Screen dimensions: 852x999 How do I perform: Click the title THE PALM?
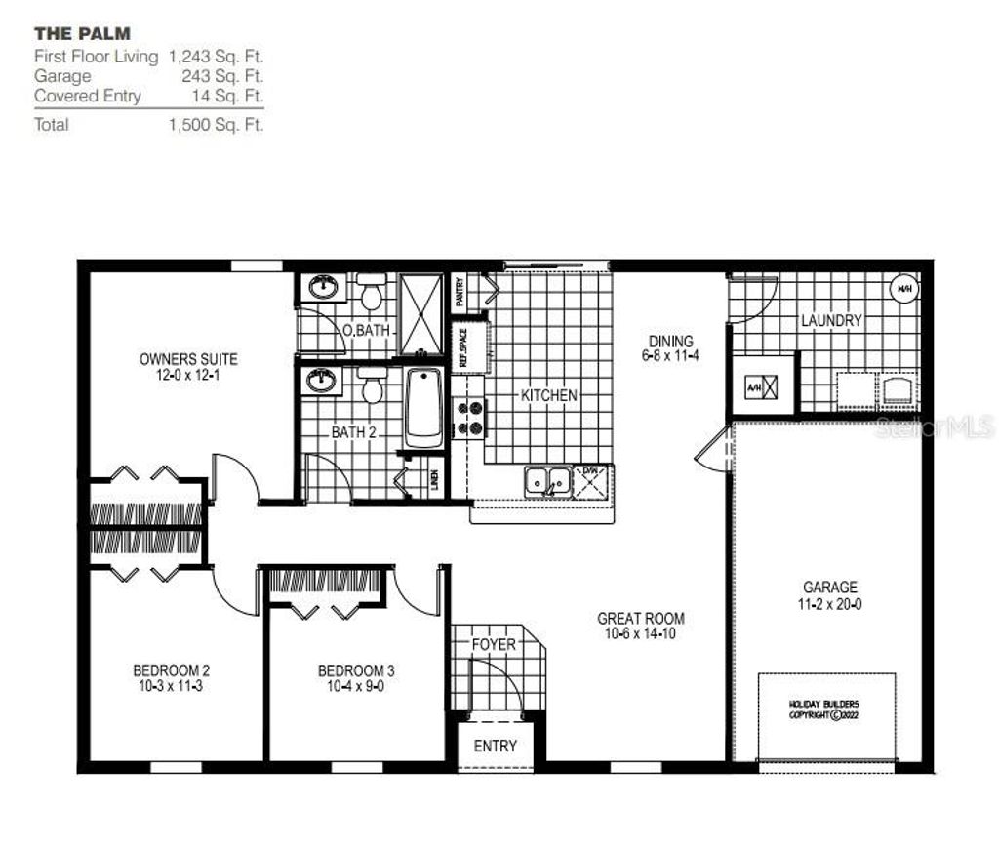[82, 34]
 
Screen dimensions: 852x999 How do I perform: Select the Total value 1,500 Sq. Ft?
[216, 125]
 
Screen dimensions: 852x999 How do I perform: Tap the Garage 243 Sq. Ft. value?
[222, 76]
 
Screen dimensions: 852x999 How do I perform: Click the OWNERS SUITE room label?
[188, 359]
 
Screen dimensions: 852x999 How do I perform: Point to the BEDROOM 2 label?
[172, 670]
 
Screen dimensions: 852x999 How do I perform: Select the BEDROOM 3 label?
[356, 670]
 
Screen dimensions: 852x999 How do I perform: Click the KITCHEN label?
[548, 395]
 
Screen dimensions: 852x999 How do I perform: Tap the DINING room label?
[671, 342]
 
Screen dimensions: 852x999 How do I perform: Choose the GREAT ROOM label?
[641, 618]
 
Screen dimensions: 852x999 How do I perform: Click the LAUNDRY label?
[831, 320]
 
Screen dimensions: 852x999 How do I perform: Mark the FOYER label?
[494, 645]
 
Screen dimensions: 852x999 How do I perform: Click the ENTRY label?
[495, 747]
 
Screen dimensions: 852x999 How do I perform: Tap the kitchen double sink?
[547, 481]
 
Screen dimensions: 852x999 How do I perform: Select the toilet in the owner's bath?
[371, 292]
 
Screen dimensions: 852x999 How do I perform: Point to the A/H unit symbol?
[761, 387]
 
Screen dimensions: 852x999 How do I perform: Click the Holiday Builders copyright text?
[825, 709]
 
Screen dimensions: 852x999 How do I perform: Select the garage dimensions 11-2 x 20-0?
[830, 604]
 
